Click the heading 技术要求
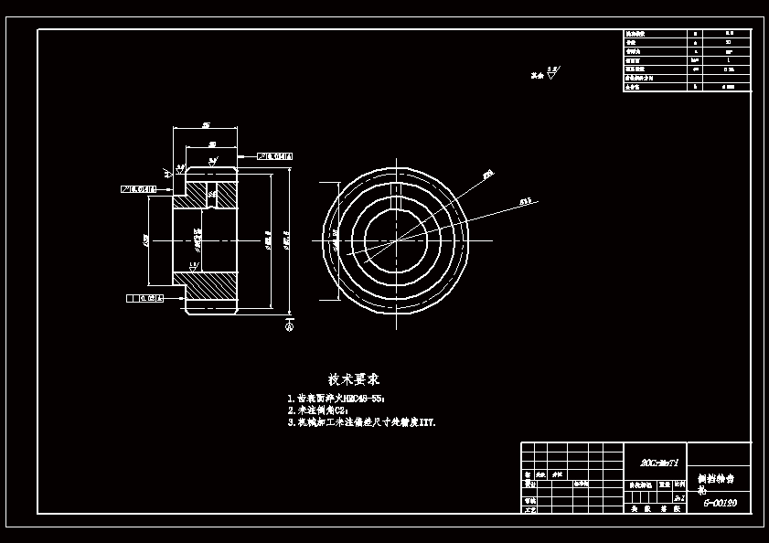(x=354, y=378)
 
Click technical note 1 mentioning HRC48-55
(x=336, y=399)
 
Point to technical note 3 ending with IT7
(x=361, y=422)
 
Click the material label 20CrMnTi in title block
(x=654, y=463)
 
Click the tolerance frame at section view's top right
(x=275, y=155)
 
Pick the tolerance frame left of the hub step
(x=138, y=189)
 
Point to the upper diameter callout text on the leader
(x=488, y=172)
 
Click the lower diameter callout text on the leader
(x=526, y=199)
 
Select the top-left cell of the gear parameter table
(x=653, y=34)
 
